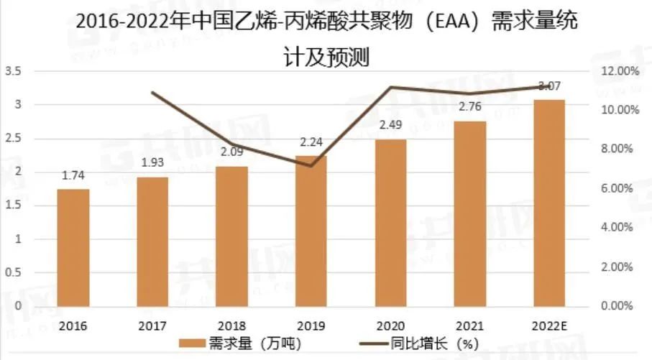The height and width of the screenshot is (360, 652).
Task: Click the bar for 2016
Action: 73,246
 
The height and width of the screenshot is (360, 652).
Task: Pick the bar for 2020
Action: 390,222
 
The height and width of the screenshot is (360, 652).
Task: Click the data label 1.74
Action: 73,175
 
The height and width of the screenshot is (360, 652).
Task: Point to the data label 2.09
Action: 231,152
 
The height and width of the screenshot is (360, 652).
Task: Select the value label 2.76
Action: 469,107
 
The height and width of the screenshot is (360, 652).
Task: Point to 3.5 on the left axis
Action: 13,71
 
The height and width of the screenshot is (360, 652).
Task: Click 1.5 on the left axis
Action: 13,206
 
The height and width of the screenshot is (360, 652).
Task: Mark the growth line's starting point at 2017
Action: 152,93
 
